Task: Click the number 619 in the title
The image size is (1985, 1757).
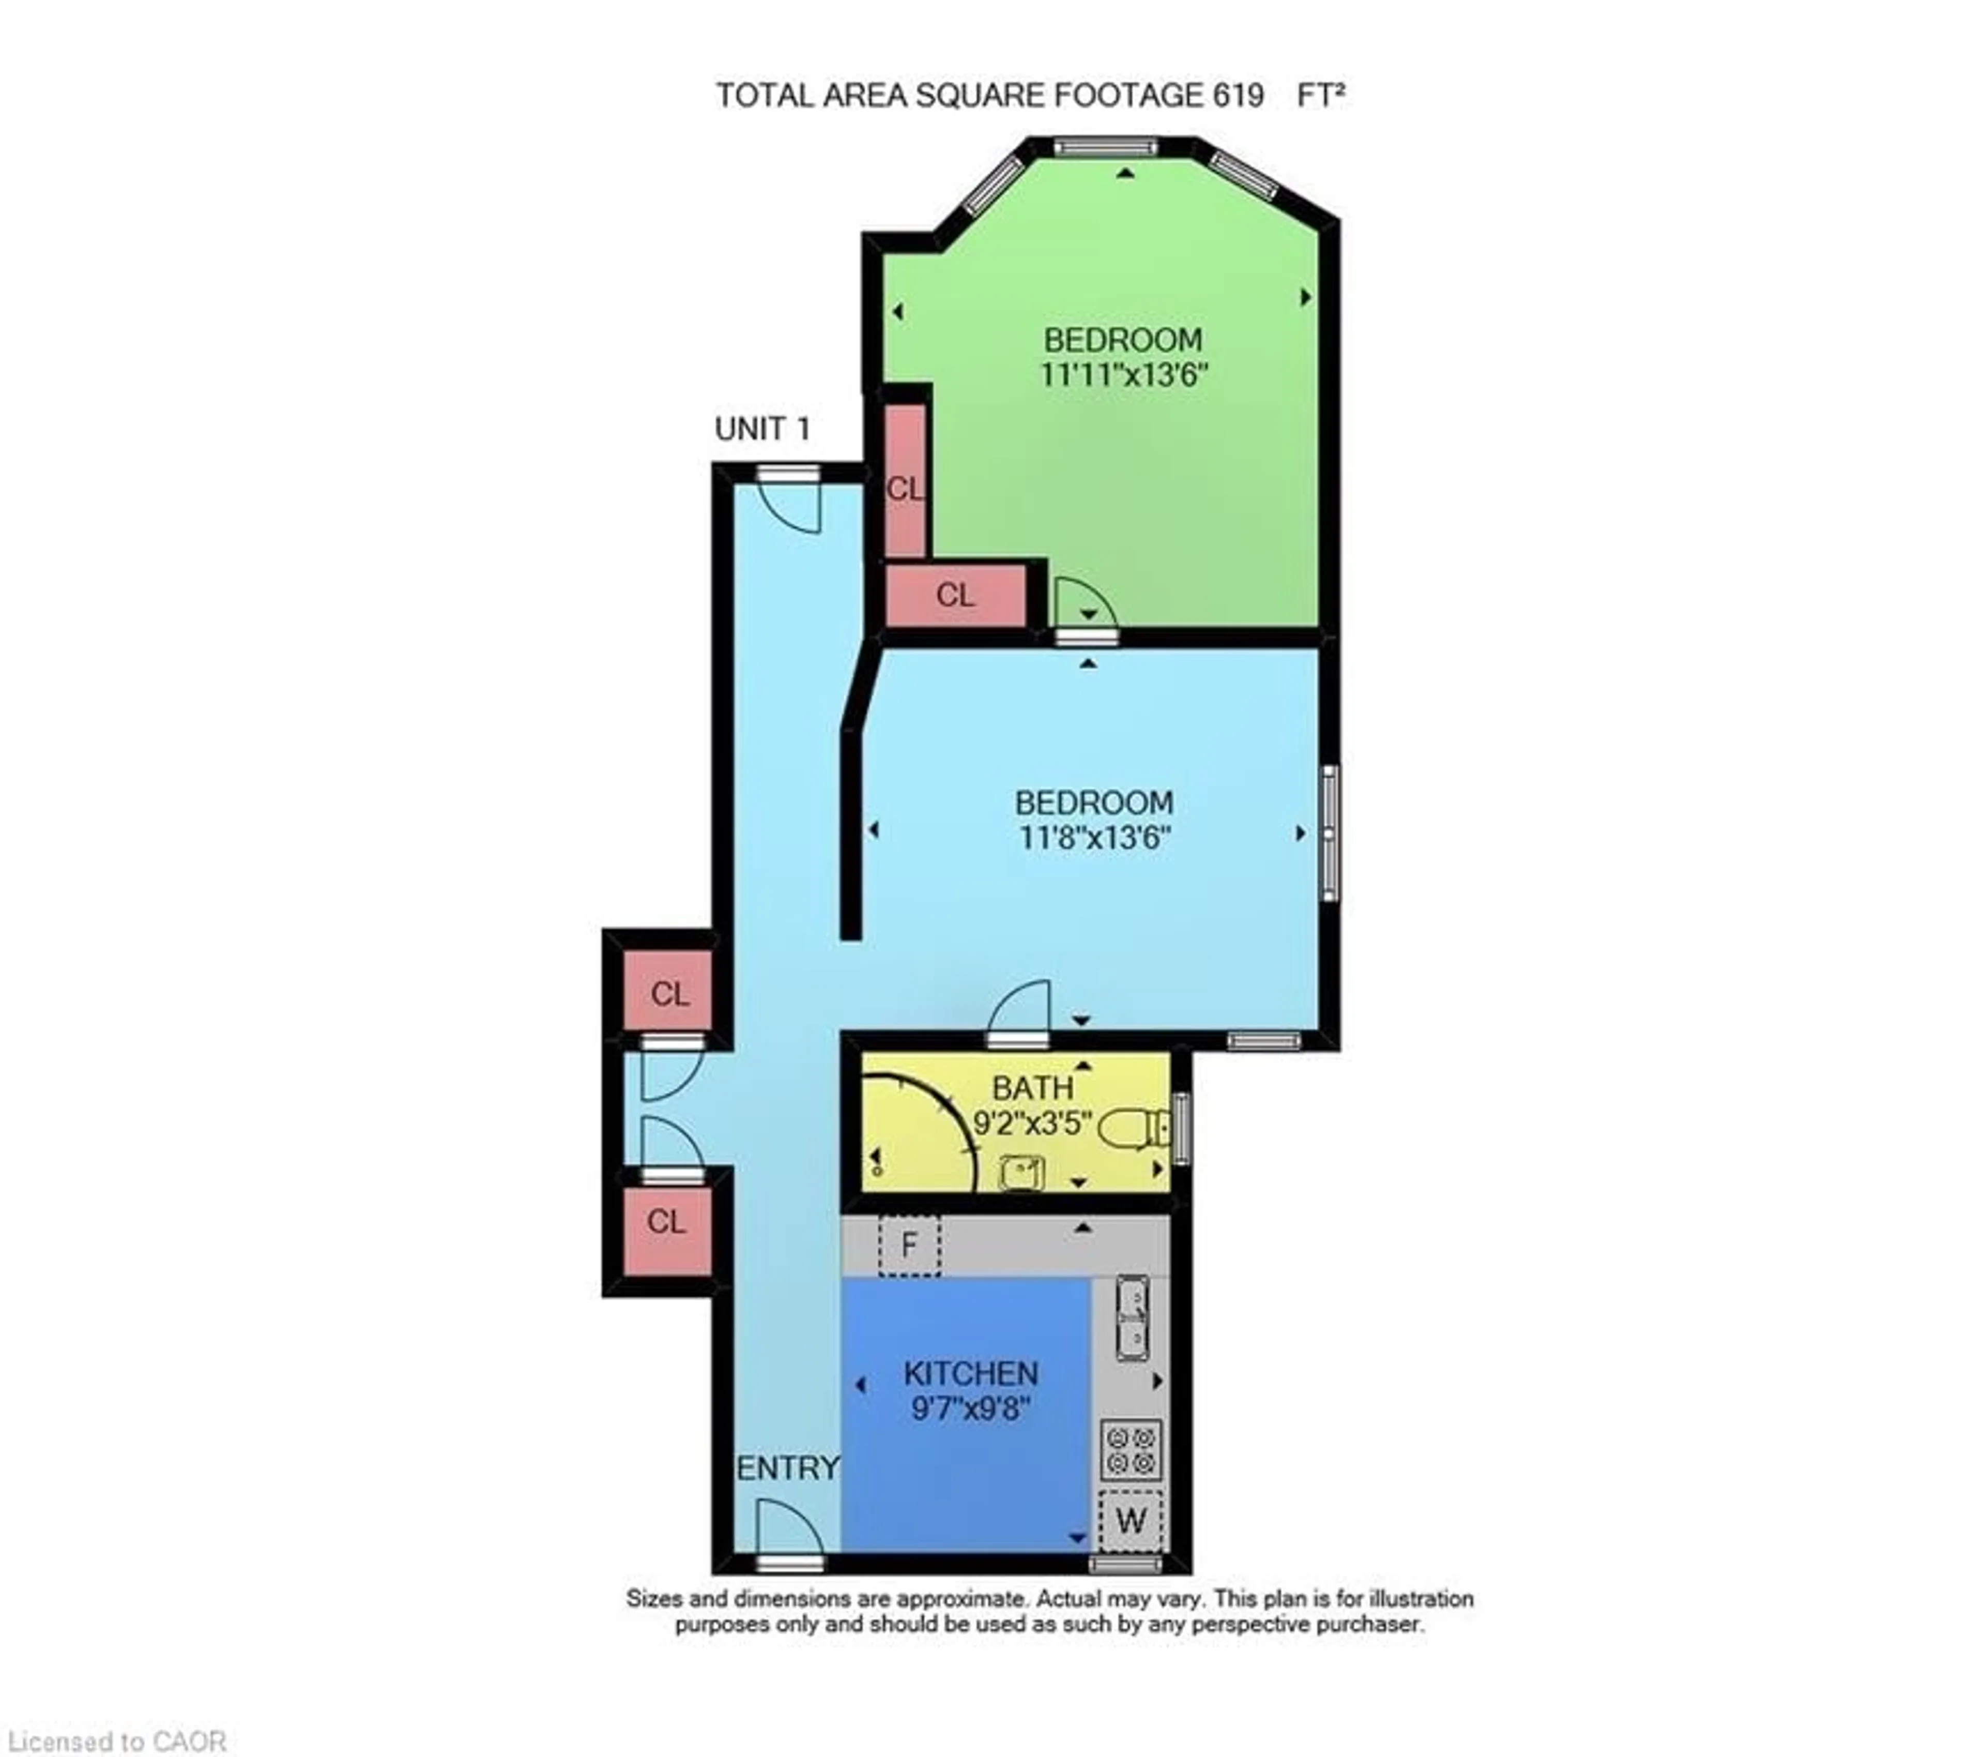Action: coord(1237,95)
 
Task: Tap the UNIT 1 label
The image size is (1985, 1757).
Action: coord(762,428)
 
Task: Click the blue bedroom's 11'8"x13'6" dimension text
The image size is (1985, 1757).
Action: coord(1094,837)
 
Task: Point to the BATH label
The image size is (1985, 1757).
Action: coord(1032,1088)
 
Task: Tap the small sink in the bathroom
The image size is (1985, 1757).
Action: coord(1021,1172)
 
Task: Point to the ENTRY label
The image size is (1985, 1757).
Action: coord(788,1467)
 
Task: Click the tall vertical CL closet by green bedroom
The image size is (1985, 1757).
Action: coord(905,481)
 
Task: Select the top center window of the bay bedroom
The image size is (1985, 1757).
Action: coord(1106,148)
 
